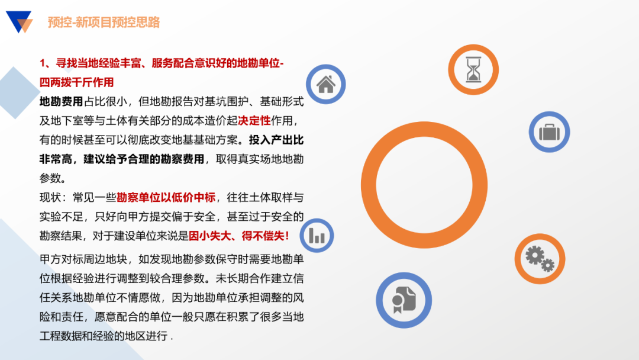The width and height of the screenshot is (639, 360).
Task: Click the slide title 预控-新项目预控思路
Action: [104, 22]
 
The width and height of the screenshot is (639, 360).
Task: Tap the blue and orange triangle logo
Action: [20, 21]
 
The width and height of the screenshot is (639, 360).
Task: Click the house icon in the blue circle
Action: [326, 84]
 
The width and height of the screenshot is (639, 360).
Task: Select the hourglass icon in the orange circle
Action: [473, 70]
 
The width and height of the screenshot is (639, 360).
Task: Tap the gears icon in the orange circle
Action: [539, 258]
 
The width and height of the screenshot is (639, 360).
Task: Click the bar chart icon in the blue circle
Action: [317, 236]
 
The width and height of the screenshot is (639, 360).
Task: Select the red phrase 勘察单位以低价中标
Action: [166, 197]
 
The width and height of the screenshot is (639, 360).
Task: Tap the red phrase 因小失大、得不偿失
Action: [238, 236]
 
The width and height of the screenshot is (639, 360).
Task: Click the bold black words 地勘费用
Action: [61, 102]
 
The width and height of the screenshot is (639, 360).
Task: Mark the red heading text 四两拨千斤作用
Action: [76, 82]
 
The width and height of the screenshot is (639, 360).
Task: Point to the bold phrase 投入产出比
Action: [276, 140]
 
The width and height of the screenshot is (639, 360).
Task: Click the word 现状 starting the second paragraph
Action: [50, 197]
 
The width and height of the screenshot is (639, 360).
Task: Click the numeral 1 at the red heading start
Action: [43, 63]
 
